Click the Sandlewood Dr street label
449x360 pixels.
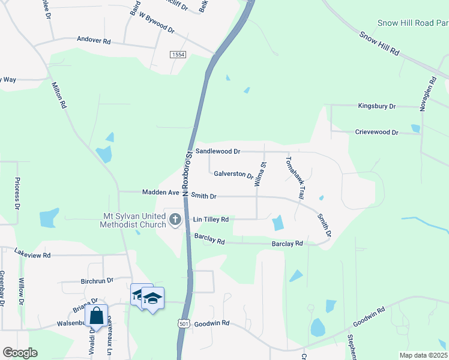pos(218,152)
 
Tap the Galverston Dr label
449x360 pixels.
pos(234,174)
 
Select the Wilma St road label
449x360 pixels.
pos(260,174)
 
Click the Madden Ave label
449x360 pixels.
pos(161,193)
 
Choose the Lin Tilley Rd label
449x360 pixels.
pos(211,220)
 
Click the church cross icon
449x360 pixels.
pos(175,219)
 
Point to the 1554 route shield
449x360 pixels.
pos(177,54)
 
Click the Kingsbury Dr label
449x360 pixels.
pos(377,106)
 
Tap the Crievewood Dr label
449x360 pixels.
pos(376,132)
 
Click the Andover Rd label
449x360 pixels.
pos(94,41)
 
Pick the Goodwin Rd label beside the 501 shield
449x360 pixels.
pos(212,323)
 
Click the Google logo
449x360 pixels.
pos(20,353)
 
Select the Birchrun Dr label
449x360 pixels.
pos(97,281)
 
